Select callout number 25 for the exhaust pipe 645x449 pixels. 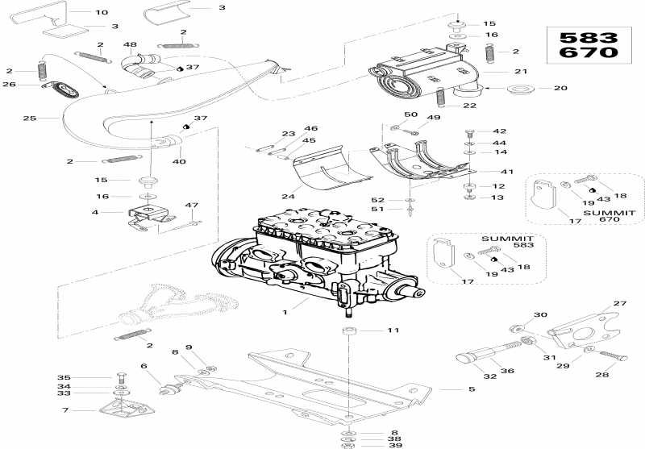[x=30, y=118]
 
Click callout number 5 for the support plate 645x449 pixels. [x=472, y=389]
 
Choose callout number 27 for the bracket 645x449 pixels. [x=619, y=303]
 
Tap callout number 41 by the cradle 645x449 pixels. [x=506, y=172]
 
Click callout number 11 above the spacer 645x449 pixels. [x=393, y=331]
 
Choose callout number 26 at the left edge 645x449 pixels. [x=10, y=84]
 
